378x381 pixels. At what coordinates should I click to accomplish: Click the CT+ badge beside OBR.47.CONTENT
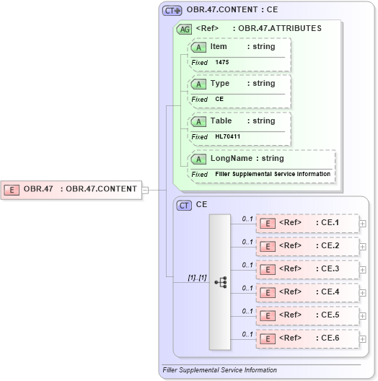(172, 11)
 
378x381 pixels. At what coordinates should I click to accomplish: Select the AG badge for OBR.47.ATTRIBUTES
(185, 29)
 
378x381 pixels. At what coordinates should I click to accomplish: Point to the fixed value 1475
(222, 63)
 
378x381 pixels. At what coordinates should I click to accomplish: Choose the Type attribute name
(219, 84)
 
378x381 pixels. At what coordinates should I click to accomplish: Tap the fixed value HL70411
(228, 136)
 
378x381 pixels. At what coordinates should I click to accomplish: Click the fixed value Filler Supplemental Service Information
(273, 174)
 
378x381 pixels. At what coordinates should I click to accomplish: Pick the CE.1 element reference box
(307, 223)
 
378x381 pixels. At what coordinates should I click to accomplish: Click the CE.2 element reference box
(307, 246)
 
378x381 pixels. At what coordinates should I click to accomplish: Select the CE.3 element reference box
(307, 269)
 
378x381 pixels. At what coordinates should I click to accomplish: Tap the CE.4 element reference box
(307, 292)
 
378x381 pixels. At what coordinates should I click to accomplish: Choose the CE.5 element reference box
(307, 315)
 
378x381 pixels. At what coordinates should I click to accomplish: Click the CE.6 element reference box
(307, 338)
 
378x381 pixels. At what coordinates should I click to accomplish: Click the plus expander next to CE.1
(362, 224)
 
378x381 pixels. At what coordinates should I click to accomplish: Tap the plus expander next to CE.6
(362, 339)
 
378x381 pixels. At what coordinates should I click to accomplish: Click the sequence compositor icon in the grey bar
(220, 281)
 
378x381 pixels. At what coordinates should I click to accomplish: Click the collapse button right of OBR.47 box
(145, 190)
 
